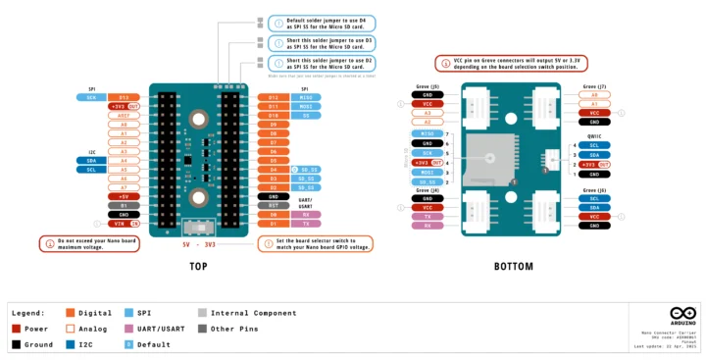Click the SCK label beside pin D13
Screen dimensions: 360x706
coord(90,98)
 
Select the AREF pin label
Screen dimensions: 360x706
coord(124,116)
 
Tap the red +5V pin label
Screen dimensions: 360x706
coord(124,196)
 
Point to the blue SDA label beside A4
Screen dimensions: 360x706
coord(90,160)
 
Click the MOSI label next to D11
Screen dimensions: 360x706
coord(306,107)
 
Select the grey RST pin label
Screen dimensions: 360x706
coord(273,205)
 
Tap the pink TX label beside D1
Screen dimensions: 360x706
coord(306,224)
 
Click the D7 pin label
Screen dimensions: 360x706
coord(273,142)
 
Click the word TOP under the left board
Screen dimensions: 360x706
coord(198,266)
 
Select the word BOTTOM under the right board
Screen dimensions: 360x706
coord(514,266)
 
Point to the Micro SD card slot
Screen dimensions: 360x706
coord(487,162)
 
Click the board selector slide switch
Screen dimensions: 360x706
coord(206,228)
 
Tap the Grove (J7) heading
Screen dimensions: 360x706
coord(595,86)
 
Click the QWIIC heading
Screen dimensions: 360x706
coord(594,136)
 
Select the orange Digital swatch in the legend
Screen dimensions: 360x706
coord(71,313)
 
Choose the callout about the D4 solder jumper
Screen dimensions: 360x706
coord(322,23)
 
